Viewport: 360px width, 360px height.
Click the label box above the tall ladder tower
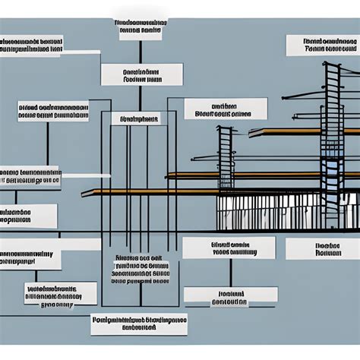(322, 45)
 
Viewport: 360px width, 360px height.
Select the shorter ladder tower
(226, 159)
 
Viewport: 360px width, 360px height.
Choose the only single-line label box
(135, 118)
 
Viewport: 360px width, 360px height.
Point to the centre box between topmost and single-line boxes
(142, 74)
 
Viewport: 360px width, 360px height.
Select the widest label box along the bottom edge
(138, 324)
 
